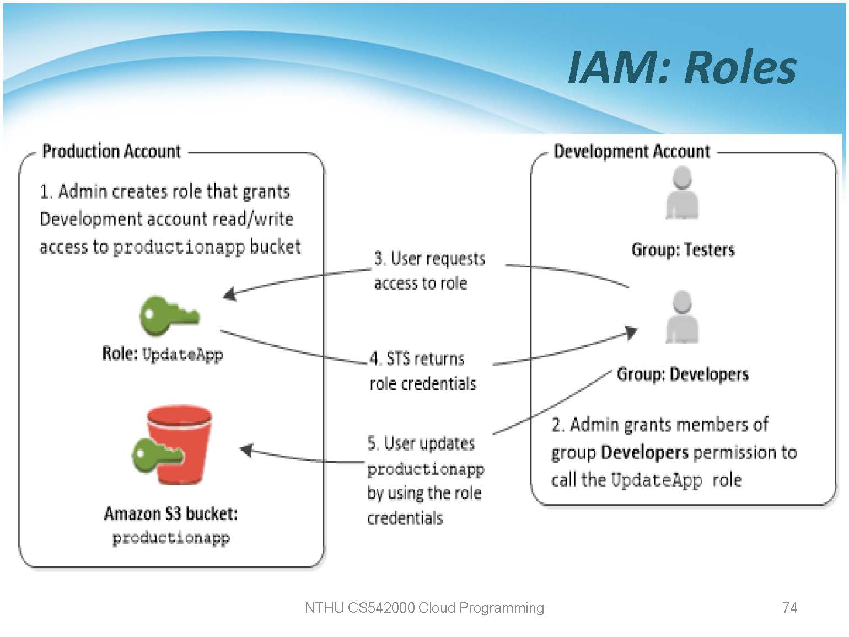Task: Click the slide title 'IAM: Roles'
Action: [682, 67]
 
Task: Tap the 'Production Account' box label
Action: [111, 151]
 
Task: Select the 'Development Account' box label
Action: [632, 151]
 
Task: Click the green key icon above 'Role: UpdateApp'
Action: [168, 315]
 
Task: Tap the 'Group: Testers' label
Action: [683, 250]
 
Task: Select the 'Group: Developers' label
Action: [683, 374]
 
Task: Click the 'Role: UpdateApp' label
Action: [163, 354]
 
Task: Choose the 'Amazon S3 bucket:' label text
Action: [171, 513]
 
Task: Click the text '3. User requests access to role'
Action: [429, 271]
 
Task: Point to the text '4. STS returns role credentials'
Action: [422, 371]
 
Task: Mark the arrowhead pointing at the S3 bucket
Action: [246, 450]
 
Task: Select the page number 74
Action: [789, 608]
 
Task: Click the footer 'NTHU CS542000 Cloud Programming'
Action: [424, 608]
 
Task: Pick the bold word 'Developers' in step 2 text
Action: [644, 453]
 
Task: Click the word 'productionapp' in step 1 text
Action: [179, 247]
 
